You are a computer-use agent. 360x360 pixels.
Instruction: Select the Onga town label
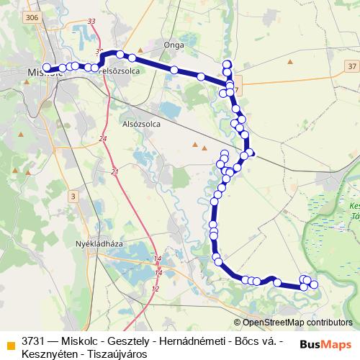(174, 45)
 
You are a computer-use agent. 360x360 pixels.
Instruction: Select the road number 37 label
(351, 66)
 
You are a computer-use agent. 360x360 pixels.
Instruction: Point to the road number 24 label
(103, 138)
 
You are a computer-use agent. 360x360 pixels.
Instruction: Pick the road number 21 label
(115, 172)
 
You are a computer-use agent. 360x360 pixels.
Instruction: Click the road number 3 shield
(73, 196)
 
